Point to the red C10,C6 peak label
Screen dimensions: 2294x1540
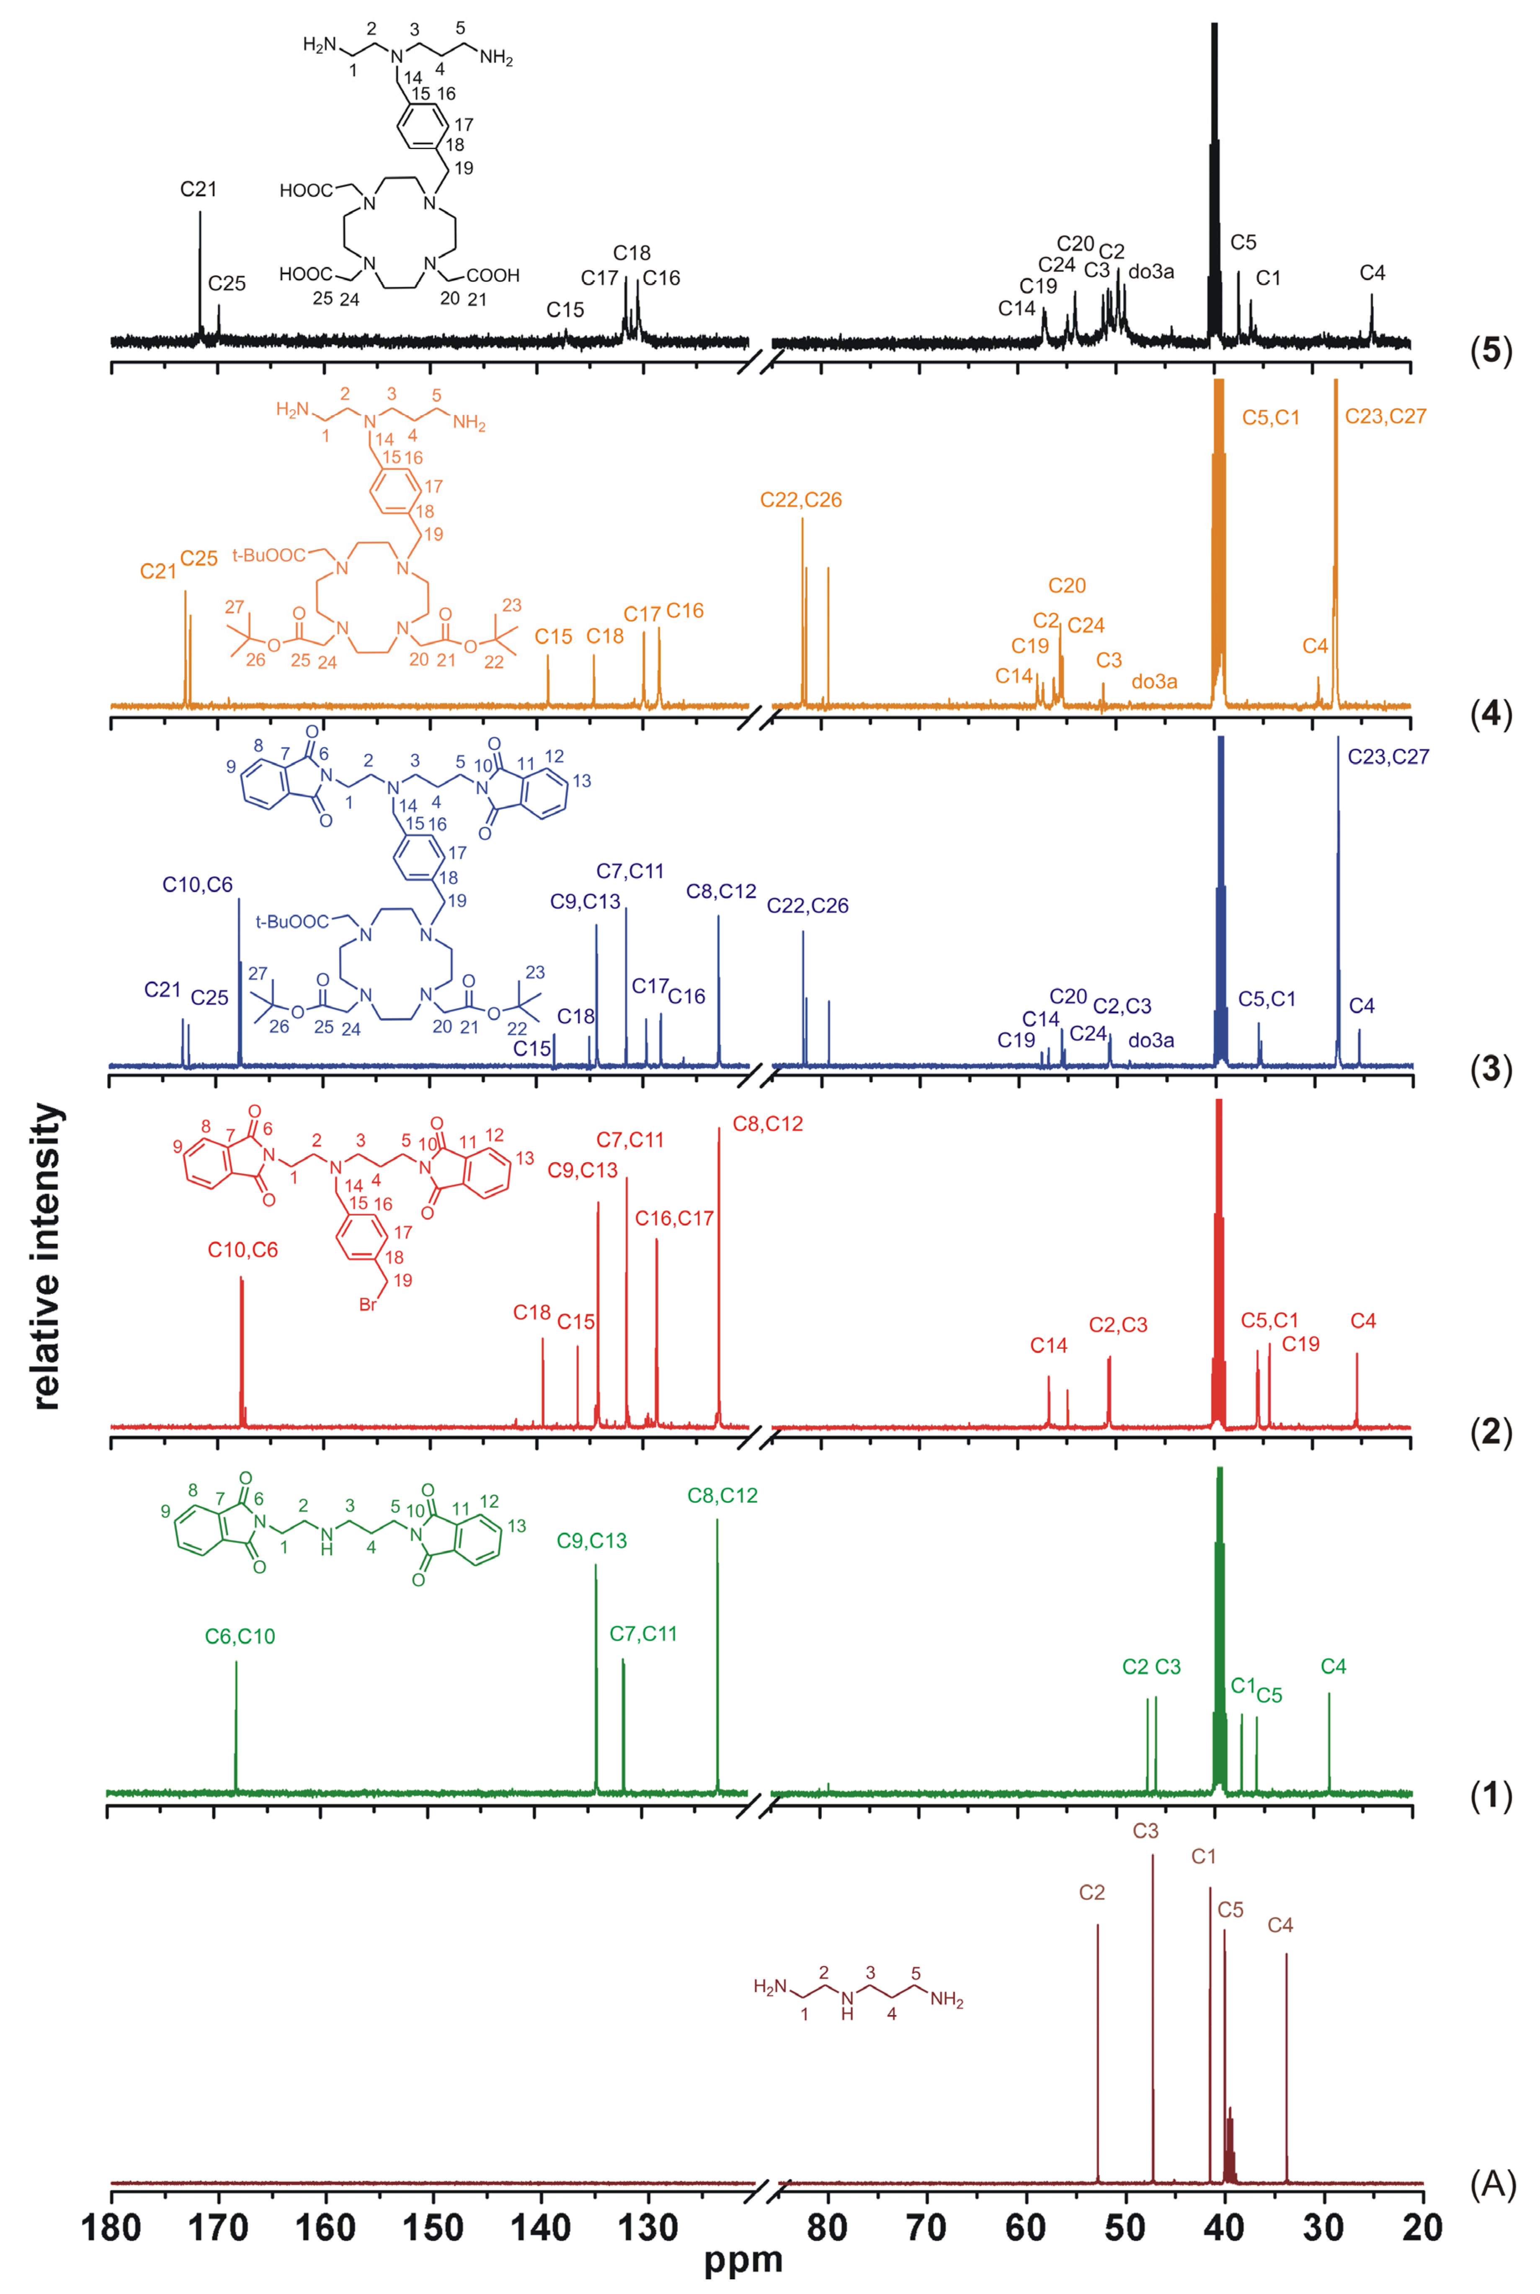pos(242,1250)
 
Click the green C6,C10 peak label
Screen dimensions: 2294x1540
pos(240,1636)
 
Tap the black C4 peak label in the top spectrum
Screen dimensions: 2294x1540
pos(1372,273)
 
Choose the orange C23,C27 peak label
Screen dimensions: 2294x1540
pos(1385,416)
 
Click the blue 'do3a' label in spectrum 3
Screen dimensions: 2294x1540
pos(1151,1040)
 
